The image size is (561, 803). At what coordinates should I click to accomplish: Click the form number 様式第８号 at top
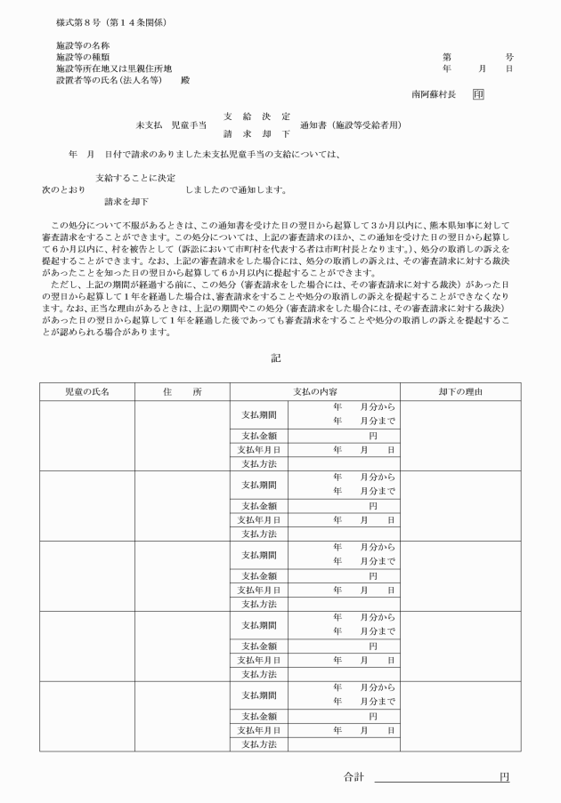76,20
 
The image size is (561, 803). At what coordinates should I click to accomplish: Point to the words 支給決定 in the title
256,116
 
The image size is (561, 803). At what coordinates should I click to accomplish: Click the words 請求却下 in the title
256,133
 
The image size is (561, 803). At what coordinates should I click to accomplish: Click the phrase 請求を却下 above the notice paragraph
126,202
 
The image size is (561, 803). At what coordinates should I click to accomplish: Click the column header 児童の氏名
86,392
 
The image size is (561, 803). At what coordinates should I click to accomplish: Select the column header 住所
182,392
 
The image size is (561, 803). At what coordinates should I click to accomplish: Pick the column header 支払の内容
314,392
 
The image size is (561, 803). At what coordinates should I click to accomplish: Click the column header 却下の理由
460,392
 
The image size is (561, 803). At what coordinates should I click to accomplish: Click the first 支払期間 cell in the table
259,414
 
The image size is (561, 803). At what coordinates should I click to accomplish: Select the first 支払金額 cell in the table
259,435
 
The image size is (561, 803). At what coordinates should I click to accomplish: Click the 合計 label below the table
354,777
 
